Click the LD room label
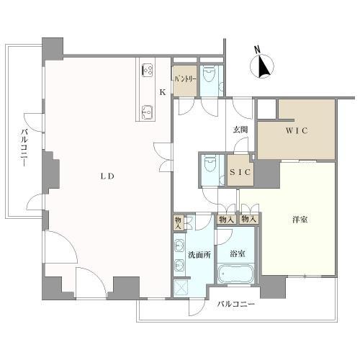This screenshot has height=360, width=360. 107,176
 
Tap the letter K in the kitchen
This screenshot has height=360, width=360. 163,92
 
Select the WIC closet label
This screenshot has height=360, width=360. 297,130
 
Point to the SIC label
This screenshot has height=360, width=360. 240,172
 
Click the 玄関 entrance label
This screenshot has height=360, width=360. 240,130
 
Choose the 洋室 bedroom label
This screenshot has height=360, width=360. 300,220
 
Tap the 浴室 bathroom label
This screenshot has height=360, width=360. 238,253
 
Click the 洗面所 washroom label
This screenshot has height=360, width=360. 199,255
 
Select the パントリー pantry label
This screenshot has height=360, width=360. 185,79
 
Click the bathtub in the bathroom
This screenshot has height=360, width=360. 235,274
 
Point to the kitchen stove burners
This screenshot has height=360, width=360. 148,70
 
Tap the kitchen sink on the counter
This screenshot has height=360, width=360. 147,112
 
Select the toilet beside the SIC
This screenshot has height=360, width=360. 210,163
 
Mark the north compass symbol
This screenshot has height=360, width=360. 262,66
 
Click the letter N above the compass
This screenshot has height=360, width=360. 257,50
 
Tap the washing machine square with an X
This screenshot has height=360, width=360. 181,288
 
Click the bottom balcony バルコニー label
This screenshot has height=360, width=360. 235,305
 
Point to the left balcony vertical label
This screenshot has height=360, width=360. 24,147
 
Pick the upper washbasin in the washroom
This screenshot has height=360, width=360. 179,246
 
